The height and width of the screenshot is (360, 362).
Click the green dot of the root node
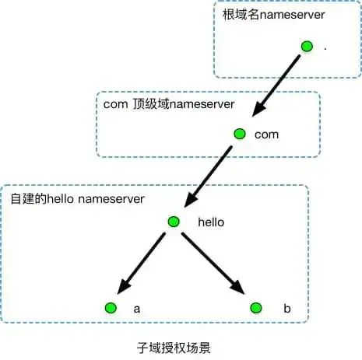click(307, 47)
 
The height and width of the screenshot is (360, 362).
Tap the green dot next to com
click(240, 134)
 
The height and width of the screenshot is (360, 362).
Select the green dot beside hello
click(174, 222)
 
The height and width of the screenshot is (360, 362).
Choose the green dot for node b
click(255, 308)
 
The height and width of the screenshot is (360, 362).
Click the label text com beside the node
click(266, 135)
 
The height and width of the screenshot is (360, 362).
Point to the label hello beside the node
click(211, 222)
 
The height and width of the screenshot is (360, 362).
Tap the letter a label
click(137, 309)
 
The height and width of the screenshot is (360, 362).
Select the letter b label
click(286, 309)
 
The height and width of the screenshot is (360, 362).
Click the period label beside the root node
click(325, 48)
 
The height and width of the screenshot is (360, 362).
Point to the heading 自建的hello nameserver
click(78, 198)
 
